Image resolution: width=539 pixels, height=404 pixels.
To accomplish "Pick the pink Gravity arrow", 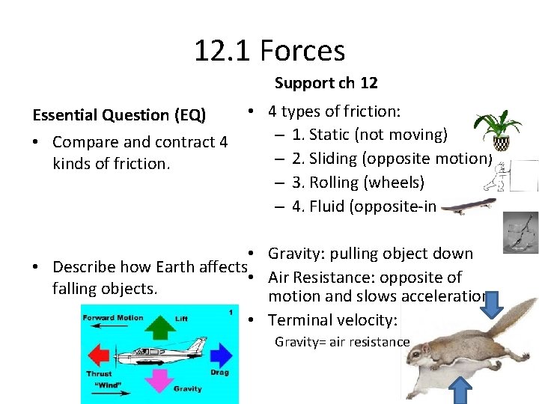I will pyautogui.click(x=158, y=379).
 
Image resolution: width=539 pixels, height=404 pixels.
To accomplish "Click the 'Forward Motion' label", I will pyautogui.click(x=112, y=317).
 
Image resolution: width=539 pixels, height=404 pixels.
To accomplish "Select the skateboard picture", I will pyautogui.click(x=466, y=209).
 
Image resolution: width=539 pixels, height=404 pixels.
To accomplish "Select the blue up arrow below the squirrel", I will pyautogui.click(x=462, y=390).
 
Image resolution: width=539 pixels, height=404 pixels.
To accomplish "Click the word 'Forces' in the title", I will pyautogui.click(x=302, y=51).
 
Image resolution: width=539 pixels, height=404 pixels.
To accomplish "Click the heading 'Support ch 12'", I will pyautogui.click(x=326, y=83).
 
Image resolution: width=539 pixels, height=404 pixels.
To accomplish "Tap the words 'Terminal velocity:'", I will pyautogui.click(x=332, y=320).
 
